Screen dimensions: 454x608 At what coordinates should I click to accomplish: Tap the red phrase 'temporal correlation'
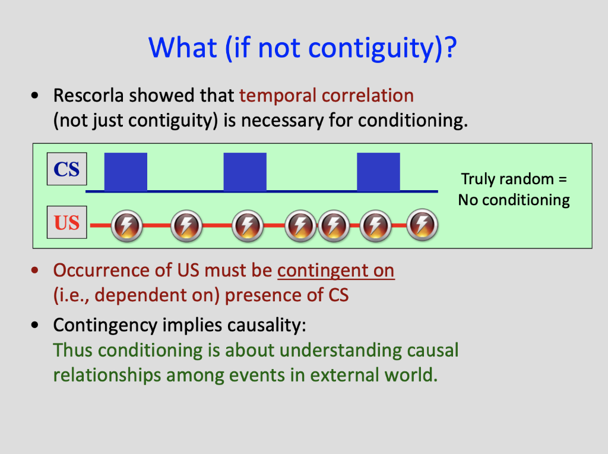pyautogui.click(x=326, y=96)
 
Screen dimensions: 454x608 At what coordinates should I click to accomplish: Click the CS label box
pyautogui.click(x=66, y=169)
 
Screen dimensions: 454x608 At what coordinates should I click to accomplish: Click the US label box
pyautogui.click(x=66, y=223)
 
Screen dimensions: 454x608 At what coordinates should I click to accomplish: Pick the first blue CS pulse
pyautogui.click(x=126, y=172)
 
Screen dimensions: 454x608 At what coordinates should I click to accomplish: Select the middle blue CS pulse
pyautogui.click(x=245, y=172)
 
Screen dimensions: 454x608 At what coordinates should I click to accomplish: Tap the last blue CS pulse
pyautogui.click(x=378, y=172)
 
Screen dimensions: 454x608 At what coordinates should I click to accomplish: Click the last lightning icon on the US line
pyautogui.click(x=422, y=225)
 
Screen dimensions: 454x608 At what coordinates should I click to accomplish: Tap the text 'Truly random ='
pyautogui.click(x=514, y=179)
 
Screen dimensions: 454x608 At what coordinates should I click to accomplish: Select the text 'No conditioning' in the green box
pyautogui.click(x=514, y=200)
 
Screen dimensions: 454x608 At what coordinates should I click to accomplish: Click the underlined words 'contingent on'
pyautogui.click(x=335, y=270)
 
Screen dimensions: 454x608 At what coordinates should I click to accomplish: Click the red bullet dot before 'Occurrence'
pyautogui.click(x=37, y=271)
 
